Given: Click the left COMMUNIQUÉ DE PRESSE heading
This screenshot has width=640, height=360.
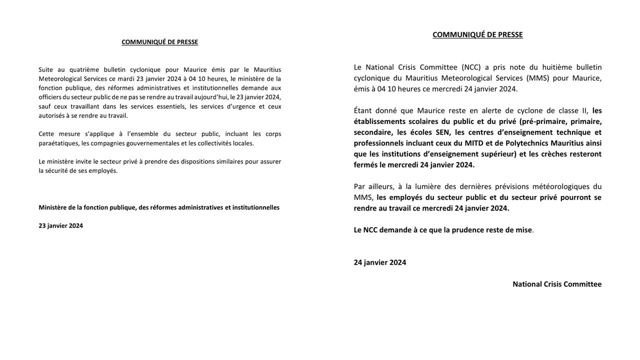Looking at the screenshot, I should click(x=159, y=42).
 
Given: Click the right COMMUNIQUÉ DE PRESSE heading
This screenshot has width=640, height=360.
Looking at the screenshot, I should click(x=477, y=34).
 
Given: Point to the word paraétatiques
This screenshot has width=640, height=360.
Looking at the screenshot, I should click(x=58, y=143).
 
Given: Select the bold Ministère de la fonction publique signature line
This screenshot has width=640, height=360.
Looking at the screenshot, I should click(x=159, y=207).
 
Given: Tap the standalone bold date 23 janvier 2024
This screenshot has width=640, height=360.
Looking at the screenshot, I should click(x=61, y=225).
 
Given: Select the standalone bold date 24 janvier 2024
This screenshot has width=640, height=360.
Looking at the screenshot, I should click(x=380, y=262).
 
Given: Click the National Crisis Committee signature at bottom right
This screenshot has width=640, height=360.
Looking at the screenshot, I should click(x=557, y=284).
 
